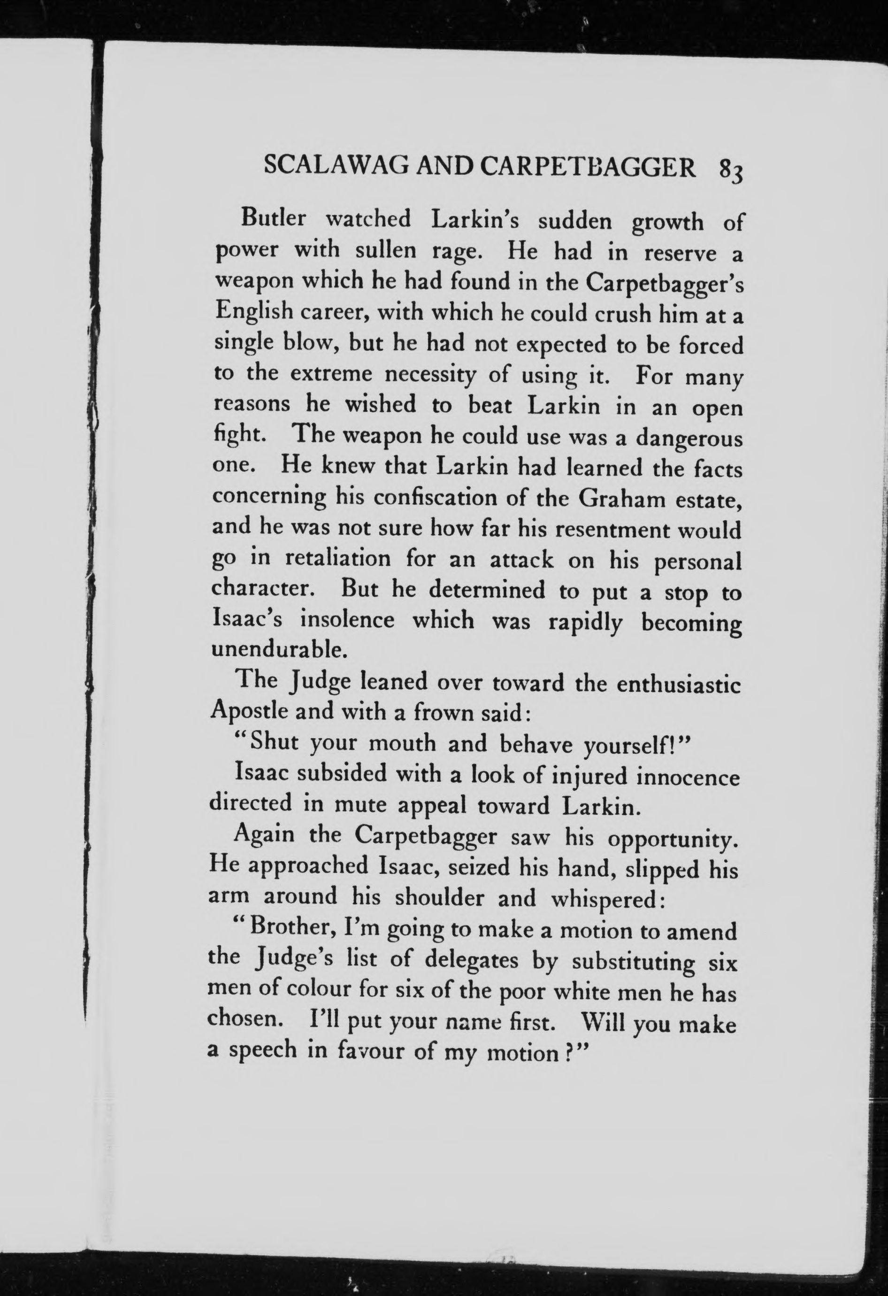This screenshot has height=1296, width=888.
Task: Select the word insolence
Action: click(347, 620)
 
